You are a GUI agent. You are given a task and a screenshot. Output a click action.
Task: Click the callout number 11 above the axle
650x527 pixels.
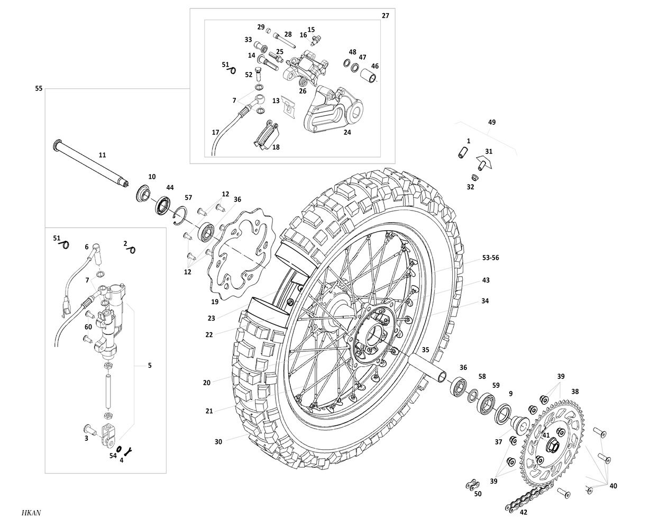(102, 155)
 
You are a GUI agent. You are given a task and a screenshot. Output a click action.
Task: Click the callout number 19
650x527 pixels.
(215, 302)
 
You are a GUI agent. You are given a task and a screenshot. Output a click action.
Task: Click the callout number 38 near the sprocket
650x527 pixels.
(575, 392)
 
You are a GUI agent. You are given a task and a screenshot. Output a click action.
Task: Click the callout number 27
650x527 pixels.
(385, 16)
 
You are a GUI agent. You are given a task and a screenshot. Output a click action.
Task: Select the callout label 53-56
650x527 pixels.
(490, 258)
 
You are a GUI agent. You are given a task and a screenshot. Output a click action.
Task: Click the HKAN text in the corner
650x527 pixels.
(32, 513)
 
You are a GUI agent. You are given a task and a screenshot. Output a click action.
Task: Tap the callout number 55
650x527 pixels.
(39, 88)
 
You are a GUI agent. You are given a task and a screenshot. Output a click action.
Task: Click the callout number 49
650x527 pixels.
(492, 122)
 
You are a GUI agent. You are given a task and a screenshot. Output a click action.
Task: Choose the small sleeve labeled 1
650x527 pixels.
(464, 151)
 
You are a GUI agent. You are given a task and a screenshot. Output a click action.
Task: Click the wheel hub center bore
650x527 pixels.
(379, 334)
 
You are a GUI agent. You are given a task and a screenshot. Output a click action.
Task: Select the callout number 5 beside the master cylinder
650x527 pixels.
(150, 365)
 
